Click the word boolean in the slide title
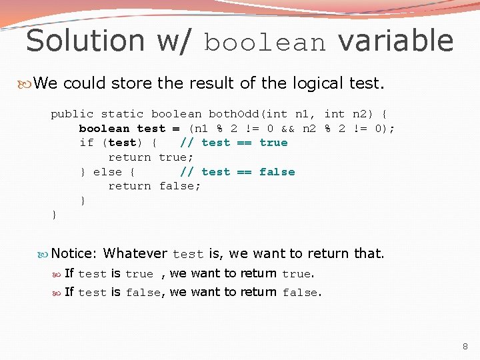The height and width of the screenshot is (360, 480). (265, 43)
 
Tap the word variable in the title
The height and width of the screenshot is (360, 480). (395, 41)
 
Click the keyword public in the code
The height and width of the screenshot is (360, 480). (72, 114)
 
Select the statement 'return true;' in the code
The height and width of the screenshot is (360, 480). (151, 157)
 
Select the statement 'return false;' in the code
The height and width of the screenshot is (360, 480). (154, 186)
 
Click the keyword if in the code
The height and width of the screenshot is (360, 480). (86, 143)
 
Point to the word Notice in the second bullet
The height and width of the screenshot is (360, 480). (74, 253)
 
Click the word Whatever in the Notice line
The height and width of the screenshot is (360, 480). (135, 253)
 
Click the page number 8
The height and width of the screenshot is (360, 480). (465, 347)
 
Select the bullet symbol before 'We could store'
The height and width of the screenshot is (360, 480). (27, 84)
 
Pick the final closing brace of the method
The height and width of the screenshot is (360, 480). (54, 215)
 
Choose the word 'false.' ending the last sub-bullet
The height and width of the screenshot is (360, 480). (302, 293)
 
